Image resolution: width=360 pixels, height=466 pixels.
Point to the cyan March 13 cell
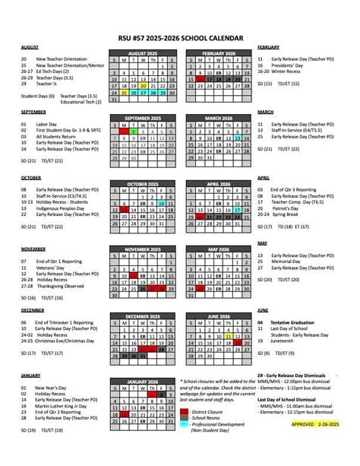coord(238,138)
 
